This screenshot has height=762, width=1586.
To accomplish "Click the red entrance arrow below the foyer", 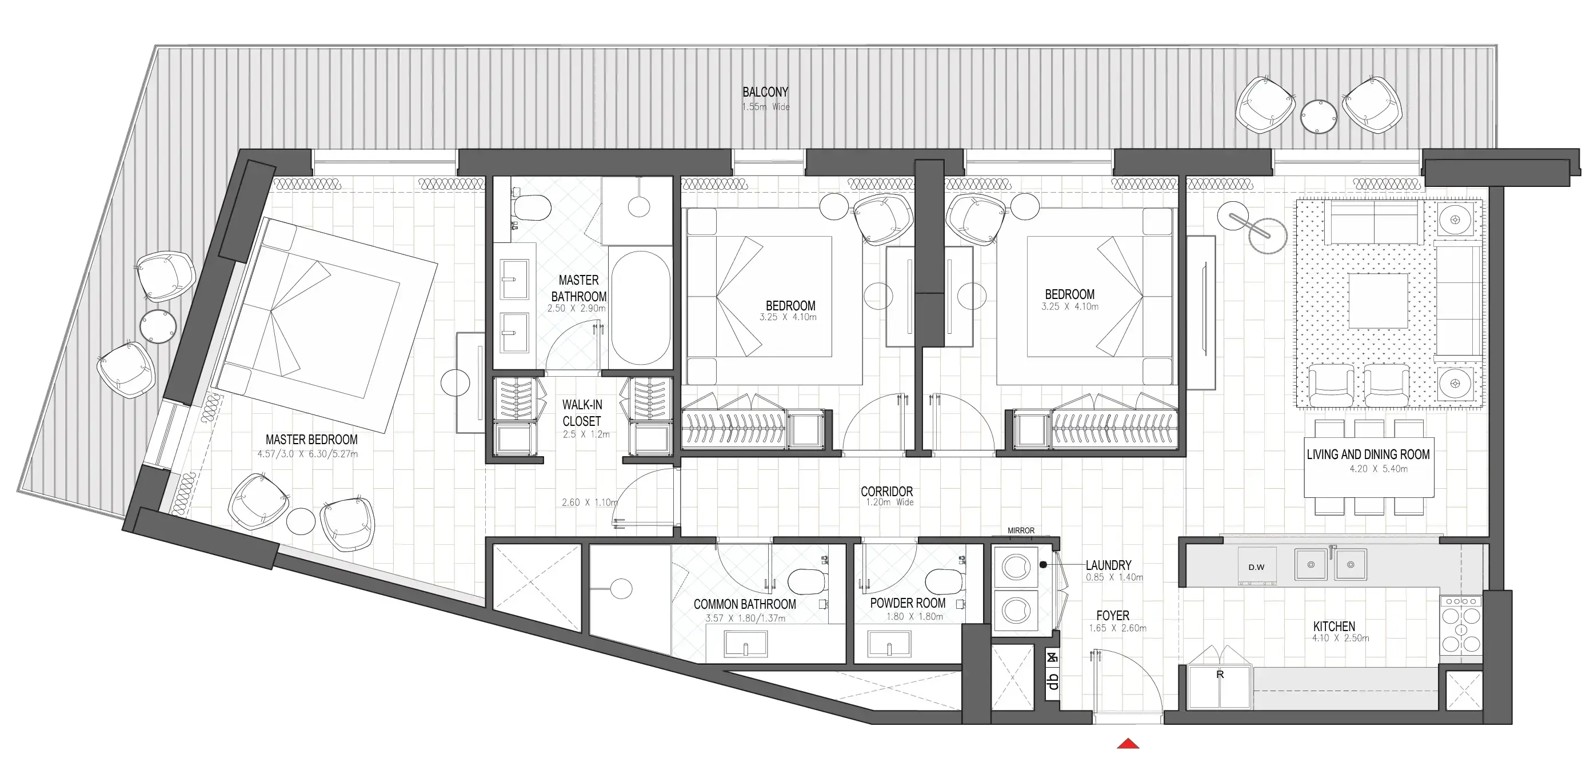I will pyautogui.click(x=1128, y=744).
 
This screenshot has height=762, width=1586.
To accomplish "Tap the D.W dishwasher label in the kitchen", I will pyautogui.click(x=1256, y=566).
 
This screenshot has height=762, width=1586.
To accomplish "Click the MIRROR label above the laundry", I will pyautogui.click(x=1021, y=530).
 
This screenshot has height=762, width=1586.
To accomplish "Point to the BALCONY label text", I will pyautogui.click(x=765, y=93).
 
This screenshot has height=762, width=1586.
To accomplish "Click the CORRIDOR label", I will pyautogui.click(x=886, y=492).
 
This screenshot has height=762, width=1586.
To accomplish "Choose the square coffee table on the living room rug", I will pyautogui.click(x=1378, y=301).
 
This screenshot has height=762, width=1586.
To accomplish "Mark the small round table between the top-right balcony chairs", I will pyautogui.click(x=1318, y=117).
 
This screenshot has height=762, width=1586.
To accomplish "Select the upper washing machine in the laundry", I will pyautogui.click(x=1015, y=566).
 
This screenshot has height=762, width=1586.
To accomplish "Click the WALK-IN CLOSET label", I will pyautogui.click(x=582, y=413).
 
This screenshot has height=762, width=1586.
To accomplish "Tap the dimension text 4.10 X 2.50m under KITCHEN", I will pyautogui.click(x=1340, y=639).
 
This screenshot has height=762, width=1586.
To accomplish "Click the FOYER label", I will pyautogui.click(x=1113, y=616).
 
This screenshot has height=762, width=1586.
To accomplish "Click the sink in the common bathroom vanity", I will pyautogui.click(x=746, y=645).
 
